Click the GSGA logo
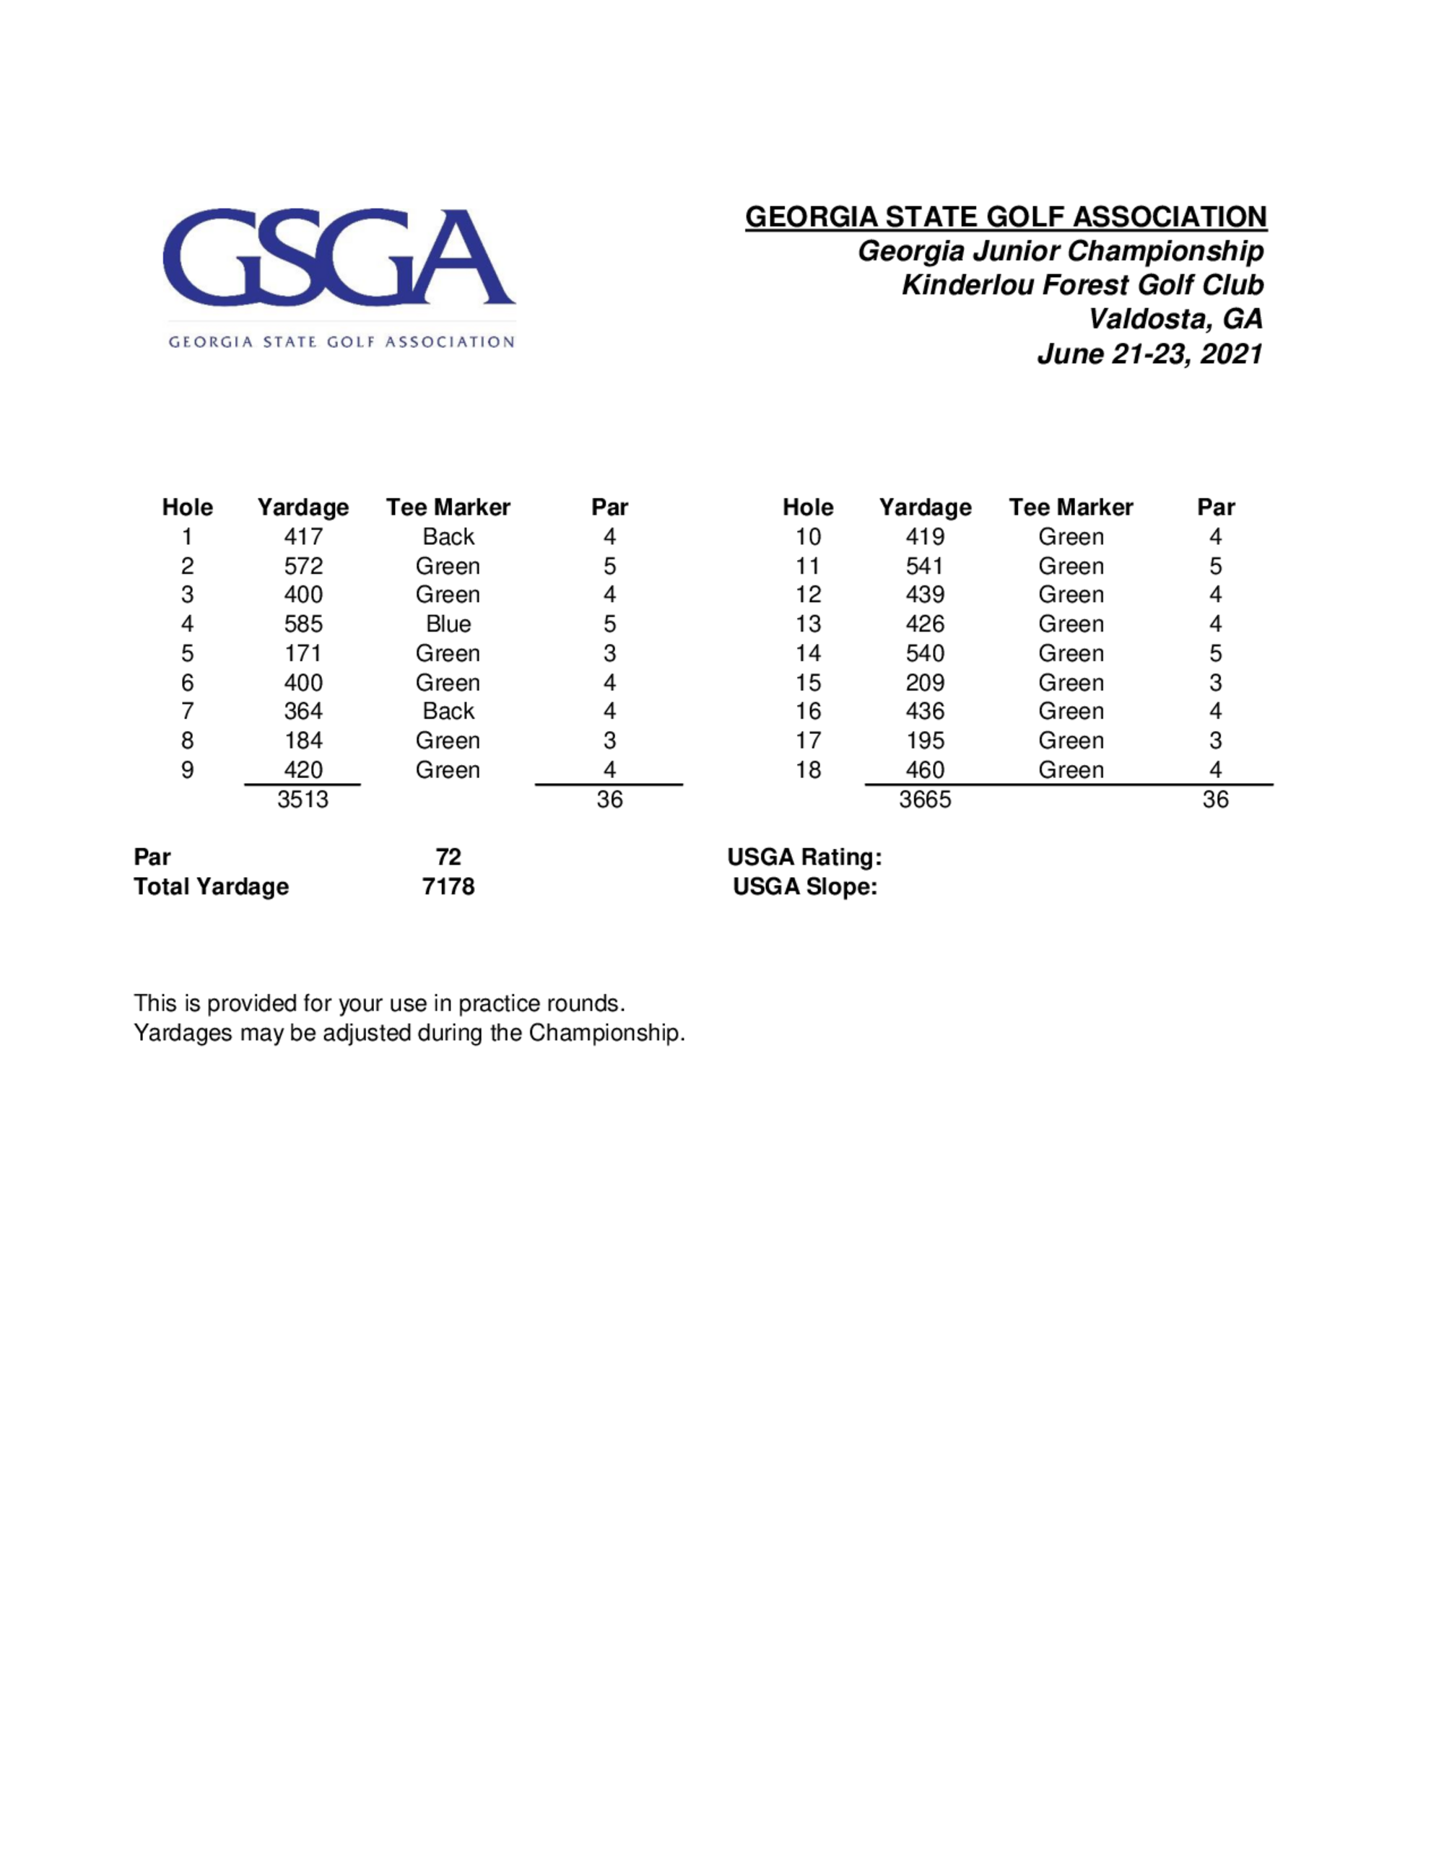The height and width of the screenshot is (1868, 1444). click(x=339, y=276)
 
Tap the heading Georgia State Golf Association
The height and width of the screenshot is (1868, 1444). click(x=1005, y=217)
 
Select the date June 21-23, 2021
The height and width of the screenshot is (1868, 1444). click(x=1149, y=353)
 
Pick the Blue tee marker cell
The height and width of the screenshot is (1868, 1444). click(x=448, y=624)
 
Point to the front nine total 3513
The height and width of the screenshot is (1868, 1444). click(x=303, y=800)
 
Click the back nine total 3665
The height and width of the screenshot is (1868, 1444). click(x=925, y=800)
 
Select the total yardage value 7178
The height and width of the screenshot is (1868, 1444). click(x=448, y=887)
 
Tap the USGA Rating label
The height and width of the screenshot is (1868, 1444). click(x=804, y=857)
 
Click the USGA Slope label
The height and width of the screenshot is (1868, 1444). click(x=805, y=887)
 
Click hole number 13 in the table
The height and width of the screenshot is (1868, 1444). click(x=807, y=624)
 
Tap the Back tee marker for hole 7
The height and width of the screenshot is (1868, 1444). click(x=448, y=712)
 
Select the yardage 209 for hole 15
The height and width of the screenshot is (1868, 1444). click(x=925, y=683)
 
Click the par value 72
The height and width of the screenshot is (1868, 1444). click(x=448, y=857)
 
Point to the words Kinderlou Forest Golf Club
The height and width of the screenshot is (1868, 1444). click(x=1082, y=285)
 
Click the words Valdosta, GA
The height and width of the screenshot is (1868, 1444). click(x=1175, y=319)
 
